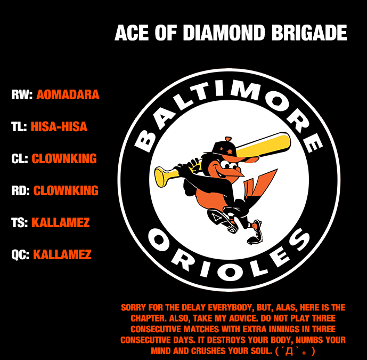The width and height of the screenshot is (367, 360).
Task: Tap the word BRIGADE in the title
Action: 311,33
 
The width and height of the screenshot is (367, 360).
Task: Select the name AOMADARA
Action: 68,95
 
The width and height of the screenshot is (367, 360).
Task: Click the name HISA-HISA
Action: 59,127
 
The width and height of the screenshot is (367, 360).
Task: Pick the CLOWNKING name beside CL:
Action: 64,159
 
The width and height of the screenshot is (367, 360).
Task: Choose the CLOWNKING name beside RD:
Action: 66,191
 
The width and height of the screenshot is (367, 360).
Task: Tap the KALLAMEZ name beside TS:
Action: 60,223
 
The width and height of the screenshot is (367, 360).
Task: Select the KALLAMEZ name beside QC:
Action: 62,255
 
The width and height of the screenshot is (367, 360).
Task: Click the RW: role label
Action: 22,95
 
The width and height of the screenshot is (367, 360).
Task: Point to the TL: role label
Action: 19,127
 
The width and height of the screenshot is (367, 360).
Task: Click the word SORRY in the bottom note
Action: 133,308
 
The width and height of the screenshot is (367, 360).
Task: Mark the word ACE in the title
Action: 132,33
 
